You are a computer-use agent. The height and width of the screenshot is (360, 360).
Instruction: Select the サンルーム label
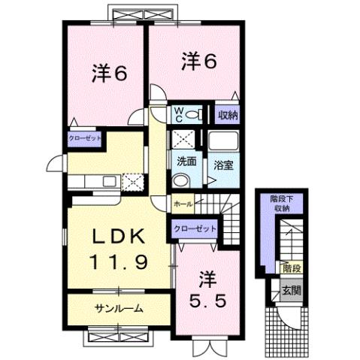(x=118, y=309)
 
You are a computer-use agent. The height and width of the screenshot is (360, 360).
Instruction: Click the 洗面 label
(x=186, y=162)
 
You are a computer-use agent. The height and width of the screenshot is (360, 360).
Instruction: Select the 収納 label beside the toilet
(x=228, y=115)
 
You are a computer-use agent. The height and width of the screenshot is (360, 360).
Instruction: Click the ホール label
(x=183, y=204)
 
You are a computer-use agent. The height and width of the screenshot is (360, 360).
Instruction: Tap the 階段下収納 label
(x=281, y=203)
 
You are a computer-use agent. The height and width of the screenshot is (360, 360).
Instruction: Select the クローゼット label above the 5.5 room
(x=195, y=228)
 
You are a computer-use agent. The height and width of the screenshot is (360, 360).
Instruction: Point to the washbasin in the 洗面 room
(x=180, y=180)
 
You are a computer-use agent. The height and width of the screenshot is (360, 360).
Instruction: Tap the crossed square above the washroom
(x=183, y=139)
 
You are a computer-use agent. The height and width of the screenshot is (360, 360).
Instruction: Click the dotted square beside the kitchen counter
(x=133, y=180)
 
